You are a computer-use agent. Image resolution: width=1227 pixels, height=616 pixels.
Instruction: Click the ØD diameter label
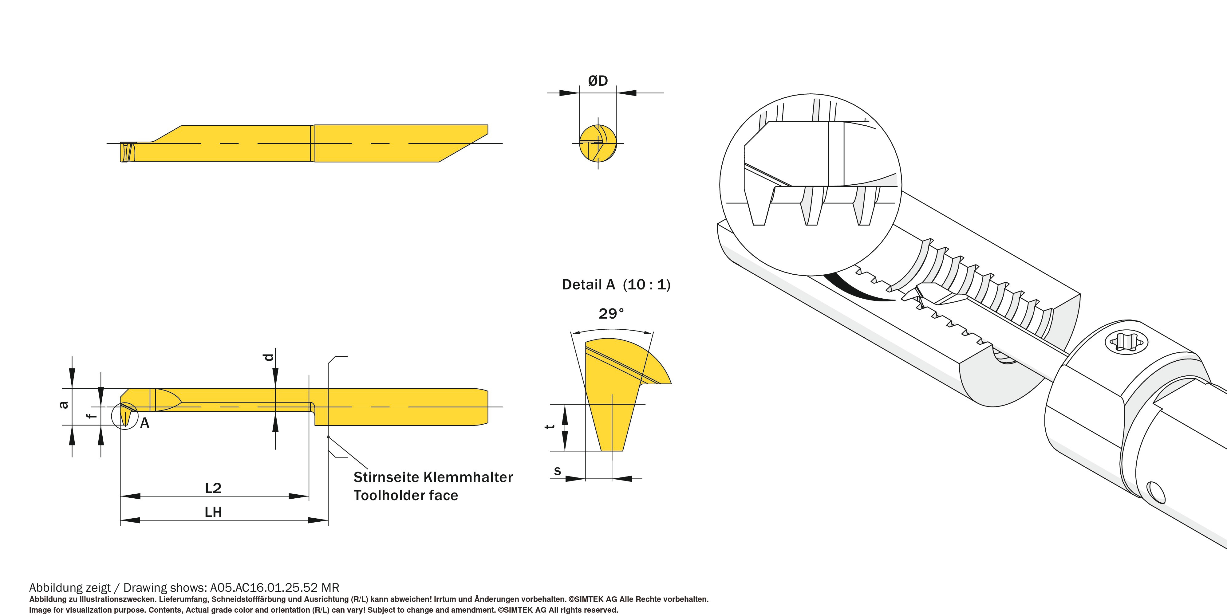click(598, 81)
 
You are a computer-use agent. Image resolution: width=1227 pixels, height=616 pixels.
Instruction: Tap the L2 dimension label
click(213, 488)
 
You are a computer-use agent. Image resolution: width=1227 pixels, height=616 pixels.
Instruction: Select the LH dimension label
click(213, 512)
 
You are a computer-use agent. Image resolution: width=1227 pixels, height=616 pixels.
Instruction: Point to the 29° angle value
click(611, 314)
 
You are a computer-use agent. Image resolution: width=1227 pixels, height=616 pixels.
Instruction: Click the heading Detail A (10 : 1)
click(616, 285)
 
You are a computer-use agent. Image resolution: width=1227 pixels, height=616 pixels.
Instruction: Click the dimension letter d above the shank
click(269, 357)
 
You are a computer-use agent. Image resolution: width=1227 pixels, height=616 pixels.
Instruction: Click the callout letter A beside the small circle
click(145, 423)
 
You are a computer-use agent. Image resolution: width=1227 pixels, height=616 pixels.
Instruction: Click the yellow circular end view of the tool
click(598, 143)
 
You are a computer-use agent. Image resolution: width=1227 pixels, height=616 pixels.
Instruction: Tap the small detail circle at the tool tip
click(125, 416)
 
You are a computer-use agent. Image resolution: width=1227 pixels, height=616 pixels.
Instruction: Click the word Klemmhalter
click(468, 477)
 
